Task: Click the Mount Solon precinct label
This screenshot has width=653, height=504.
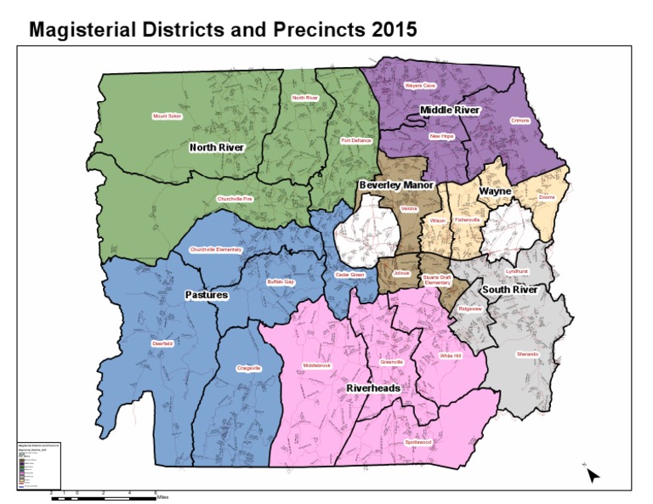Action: [x=167, y=116]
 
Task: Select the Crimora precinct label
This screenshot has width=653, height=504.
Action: [x=520, y=121]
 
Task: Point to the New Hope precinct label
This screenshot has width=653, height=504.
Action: [x=441, y=136]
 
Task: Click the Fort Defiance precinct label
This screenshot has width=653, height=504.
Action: [x=356, y=140]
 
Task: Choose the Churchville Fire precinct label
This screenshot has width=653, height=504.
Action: [x=236, y=199]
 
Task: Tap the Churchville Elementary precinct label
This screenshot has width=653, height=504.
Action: [x=216, y=250]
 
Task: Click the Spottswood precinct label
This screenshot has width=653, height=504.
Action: [x=418, y=442]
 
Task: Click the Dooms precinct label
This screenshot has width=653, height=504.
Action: [x=547, y=198]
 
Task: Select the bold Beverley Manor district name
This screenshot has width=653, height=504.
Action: [x=396, y=184]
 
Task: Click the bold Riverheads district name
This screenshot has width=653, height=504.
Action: [x=373, y=388]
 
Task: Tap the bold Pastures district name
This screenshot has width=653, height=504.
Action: [x=207, y=295]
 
